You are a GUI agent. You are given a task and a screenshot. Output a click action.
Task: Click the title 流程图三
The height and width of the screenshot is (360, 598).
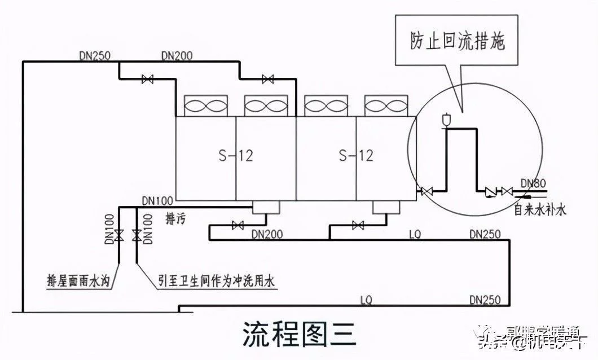tap(299, 334)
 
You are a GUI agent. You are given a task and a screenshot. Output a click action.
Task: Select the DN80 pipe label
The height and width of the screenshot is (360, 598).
tap(533, 183)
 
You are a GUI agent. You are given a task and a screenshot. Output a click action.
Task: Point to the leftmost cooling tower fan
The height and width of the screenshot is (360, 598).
tap(206, 105)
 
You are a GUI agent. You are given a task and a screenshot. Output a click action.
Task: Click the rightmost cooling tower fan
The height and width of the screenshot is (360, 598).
tap(386, 105)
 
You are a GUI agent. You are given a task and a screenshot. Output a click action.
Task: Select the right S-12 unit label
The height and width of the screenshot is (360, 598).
tap(356, 155)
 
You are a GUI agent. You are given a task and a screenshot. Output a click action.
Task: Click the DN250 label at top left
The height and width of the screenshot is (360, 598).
tap(95, 55)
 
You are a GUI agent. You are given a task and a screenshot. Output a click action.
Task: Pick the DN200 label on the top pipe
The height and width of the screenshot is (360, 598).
tap(177, 55)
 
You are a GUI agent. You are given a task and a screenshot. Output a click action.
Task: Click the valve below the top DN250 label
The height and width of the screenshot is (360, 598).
tap(148, 80)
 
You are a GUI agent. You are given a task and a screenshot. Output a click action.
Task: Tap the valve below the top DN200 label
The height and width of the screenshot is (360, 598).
tap(267, 80)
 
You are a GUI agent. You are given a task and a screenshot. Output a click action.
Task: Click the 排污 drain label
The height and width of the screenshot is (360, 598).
tap(175, 216)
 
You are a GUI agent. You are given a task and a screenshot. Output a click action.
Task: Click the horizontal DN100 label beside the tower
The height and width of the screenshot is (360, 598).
tap(156, 200)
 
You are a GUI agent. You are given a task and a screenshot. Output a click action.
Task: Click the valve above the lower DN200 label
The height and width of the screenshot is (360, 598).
tap(238, 226)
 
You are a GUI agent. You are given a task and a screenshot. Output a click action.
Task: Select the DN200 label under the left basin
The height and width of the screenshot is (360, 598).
tap(267, 234)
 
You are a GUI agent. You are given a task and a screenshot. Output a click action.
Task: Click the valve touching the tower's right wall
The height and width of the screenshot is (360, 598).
tap(426, 192)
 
